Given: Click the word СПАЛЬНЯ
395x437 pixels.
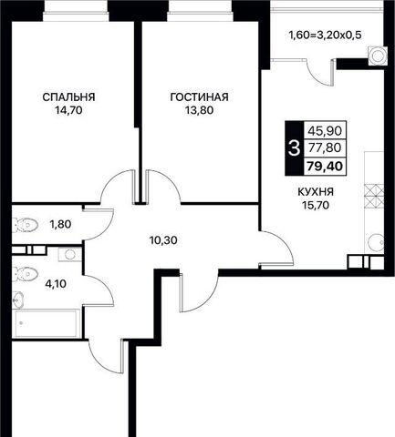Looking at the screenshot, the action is point(68,97).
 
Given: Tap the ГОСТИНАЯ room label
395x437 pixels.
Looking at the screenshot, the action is point(200,97).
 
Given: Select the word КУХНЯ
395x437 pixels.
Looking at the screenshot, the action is point(316,192).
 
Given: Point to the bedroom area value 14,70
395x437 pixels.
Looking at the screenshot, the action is point(68,110).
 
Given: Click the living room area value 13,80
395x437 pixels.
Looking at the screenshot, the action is point(200,110).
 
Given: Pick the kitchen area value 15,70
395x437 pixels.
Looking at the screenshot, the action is point(316,206).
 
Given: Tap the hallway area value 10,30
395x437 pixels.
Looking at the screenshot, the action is point(163,240).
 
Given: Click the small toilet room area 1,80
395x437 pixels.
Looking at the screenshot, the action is point(60,225).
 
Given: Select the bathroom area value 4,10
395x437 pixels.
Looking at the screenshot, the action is point(56,284).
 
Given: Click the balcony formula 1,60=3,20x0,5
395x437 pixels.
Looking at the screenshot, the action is point(325,36).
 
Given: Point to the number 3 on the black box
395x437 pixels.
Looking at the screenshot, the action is point(294,148).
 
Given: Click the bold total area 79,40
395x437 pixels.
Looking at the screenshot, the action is point(325,167).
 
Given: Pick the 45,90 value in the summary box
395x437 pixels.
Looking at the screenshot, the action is point(325,131).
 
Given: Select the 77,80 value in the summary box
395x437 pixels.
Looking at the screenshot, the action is point(325,148).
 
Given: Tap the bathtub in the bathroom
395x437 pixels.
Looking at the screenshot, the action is point(47,323).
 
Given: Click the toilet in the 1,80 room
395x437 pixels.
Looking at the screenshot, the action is point(25,225).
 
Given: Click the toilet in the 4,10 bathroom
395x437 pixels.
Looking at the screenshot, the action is point(25,274).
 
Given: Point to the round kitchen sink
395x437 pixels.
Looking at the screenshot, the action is point(376,242).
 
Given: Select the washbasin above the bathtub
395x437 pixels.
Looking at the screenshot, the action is point(17,300).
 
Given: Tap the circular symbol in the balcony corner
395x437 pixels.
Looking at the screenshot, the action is point(378,56).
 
